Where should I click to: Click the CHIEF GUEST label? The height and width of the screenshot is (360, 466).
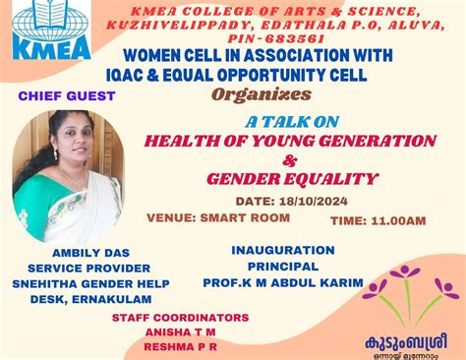[x=67, y=96]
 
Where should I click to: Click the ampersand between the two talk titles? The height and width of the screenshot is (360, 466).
[x=261, y=158]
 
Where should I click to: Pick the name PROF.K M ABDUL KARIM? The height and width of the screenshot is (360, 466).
[x=295, y=282]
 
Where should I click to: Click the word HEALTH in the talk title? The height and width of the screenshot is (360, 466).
[x=180, y=140]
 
